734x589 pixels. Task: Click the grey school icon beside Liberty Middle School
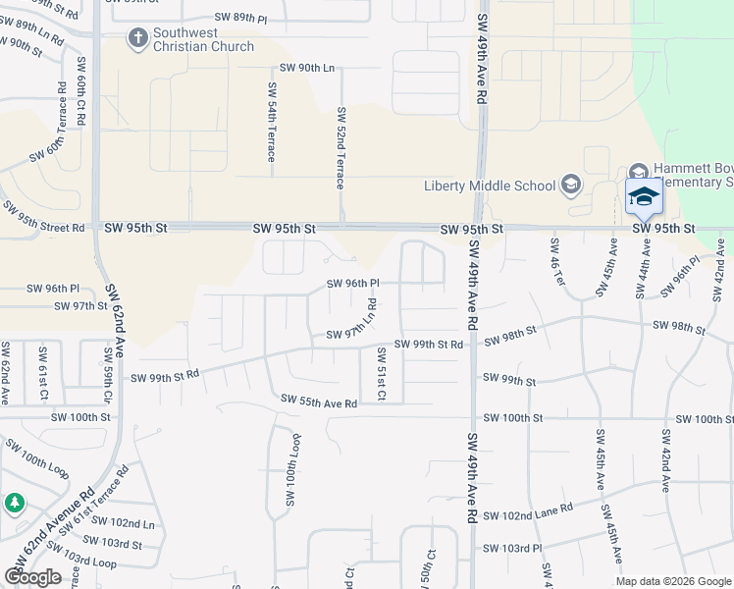click(x=571, y=185)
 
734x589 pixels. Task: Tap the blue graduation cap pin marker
click(x=644, y=197)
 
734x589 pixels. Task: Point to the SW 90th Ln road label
click(x=307, y=68)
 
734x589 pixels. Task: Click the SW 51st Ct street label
click(x=382, y=375)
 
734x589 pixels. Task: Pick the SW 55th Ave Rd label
click(x=319, y=401)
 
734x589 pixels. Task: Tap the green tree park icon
click(x=14, y=504)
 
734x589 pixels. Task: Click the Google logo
click(x=33, y=577)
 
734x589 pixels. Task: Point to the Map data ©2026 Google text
click(x=672, y=581)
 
